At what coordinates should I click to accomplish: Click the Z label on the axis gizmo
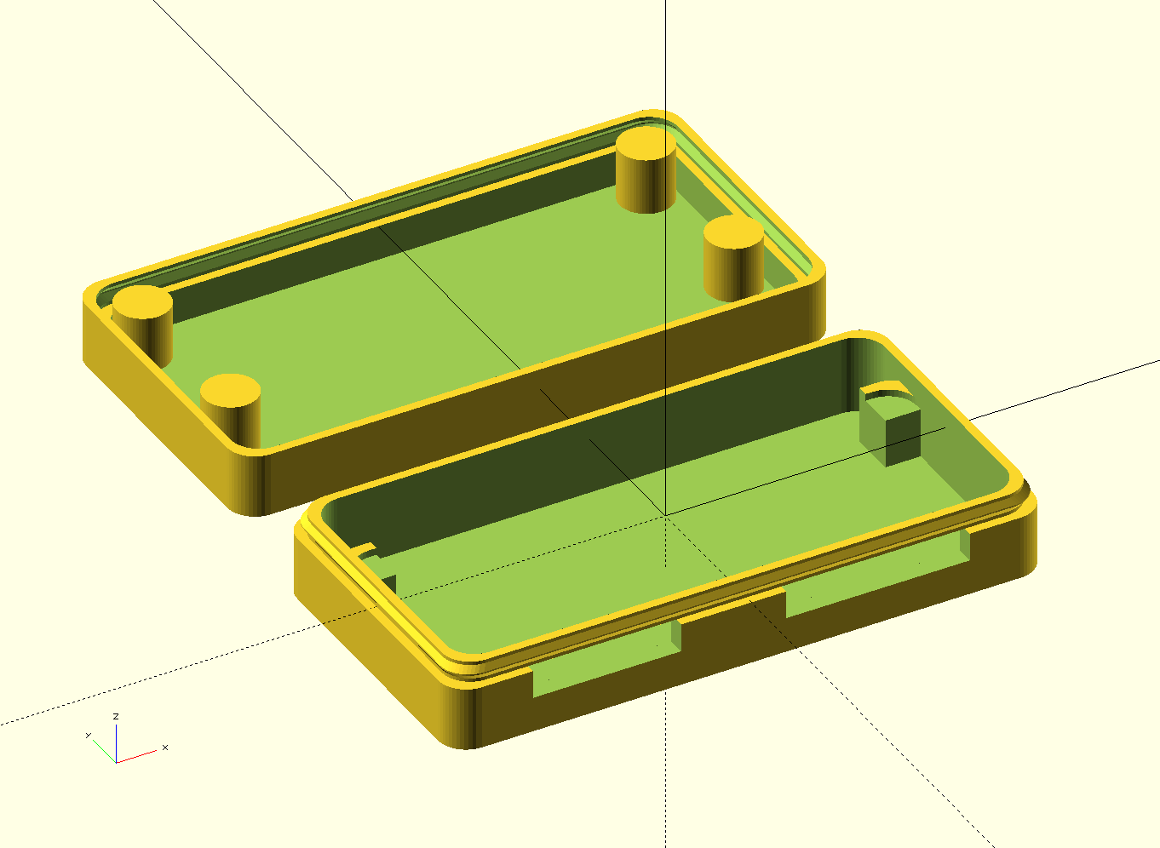pos(116,717)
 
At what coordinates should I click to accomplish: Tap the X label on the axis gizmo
pos(164,748)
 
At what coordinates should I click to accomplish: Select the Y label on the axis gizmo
pos(88,735)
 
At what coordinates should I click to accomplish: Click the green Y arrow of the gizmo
pos(103,750)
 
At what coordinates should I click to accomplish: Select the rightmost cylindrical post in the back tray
pos(733,256)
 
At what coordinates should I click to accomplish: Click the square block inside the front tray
pos(892,433)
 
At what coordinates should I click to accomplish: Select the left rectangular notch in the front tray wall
pos(606,659)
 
